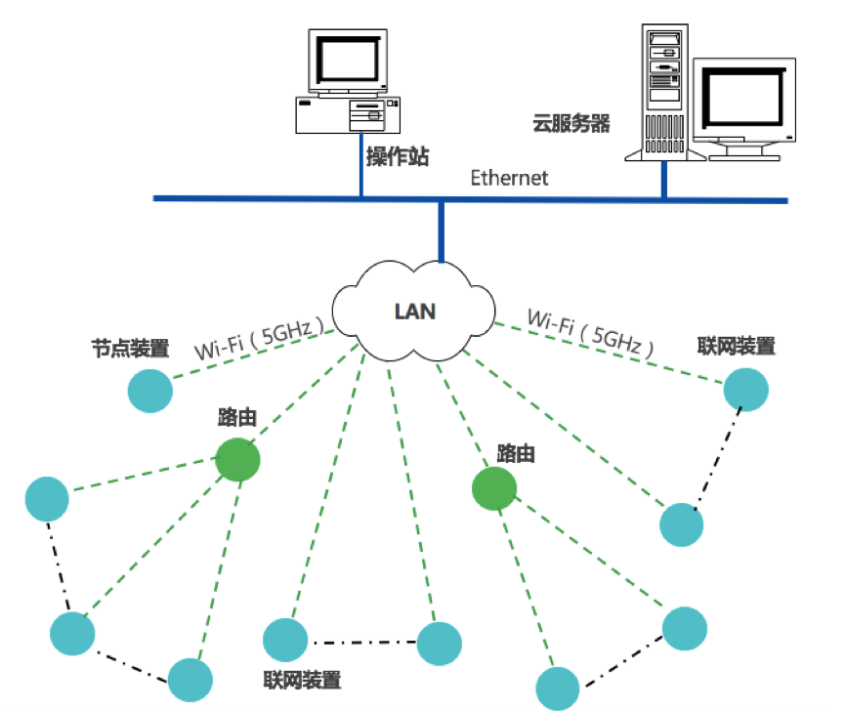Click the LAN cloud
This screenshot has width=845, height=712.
[x=414, y=312]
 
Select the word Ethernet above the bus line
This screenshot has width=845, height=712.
[x=509, y=178]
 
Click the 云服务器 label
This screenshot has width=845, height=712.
[x=570, y=123]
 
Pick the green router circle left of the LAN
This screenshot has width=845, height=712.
[x=238, y=459]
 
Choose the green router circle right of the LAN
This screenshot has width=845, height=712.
[x=494, y=488]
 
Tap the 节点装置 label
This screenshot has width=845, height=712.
[x=130, y=348]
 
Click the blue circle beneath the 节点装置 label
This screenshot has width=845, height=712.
[x=150, y=391]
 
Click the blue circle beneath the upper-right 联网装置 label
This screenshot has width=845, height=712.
[x=746, y=389]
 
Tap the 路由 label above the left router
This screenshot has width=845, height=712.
[x=237, y=418]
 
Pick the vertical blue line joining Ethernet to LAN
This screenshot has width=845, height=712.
[x=443, y=231]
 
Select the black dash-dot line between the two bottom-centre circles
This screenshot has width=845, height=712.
[x=362, y=642]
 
